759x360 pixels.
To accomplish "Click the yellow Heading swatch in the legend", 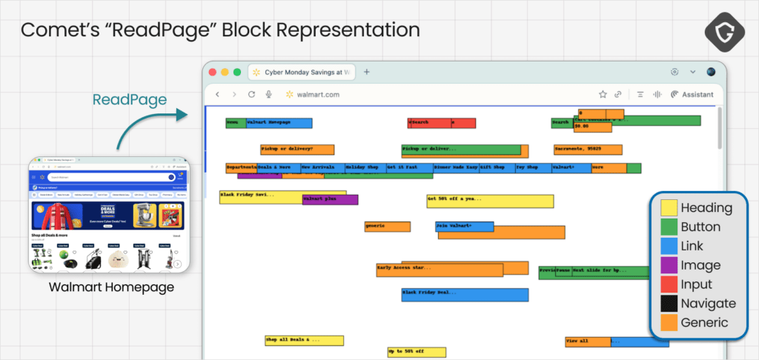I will [669, 208].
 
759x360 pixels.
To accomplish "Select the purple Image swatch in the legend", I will [669, 265].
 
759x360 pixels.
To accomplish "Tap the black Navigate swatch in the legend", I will [669, 304].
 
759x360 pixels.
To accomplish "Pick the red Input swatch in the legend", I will [669, 284].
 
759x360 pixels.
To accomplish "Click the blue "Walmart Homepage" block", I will [278, 123].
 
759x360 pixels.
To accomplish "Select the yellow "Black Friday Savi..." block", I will [261, 196].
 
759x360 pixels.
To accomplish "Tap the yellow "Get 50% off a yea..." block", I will [489, 201].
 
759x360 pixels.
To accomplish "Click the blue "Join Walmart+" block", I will [464, 227].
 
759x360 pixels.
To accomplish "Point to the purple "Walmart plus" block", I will [331, 199].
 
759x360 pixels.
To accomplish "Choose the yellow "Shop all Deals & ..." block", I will [304, 341].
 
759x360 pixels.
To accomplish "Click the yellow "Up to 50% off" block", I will [416, 352].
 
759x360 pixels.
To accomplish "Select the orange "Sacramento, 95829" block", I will [587, 150].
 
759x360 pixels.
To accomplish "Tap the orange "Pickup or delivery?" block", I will [296, 150].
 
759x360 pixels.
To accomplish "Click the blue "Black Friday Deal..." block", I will [465, 295].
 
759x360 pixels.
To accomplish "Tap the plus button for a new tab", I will [366, 72].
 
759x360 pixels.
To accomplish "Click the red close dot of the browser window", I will [213, 72].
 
